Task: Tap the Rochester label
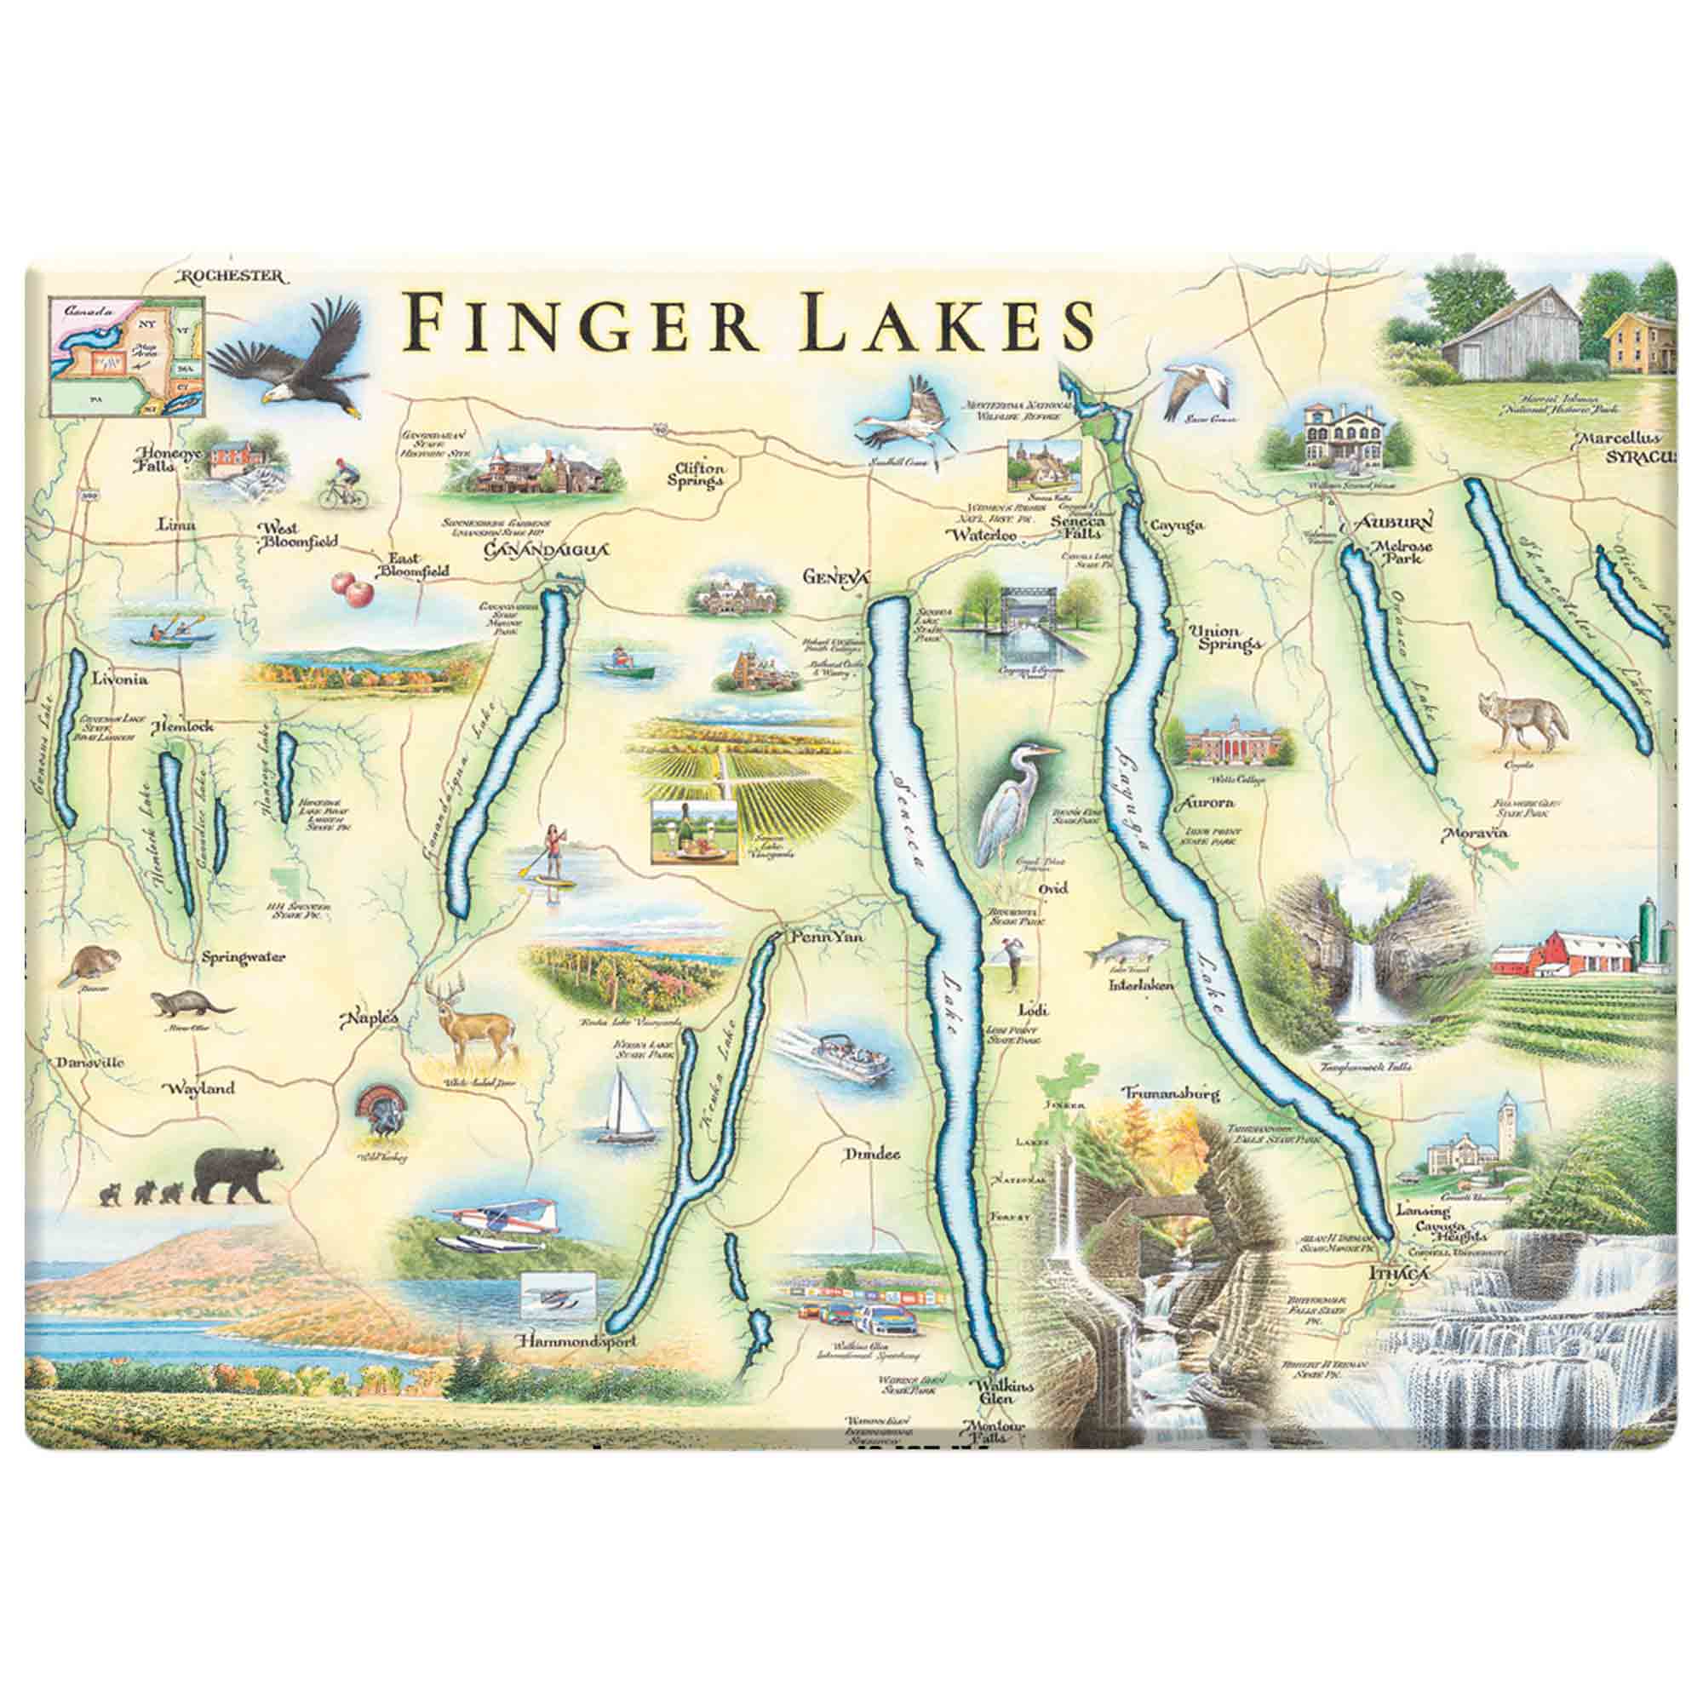point(232,277)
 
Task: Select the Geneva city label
point(835,577)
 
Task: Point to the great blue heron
point(1017,798)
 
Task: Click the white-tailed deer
point(472,1022)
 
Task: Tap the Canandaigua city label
point(547,551)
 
